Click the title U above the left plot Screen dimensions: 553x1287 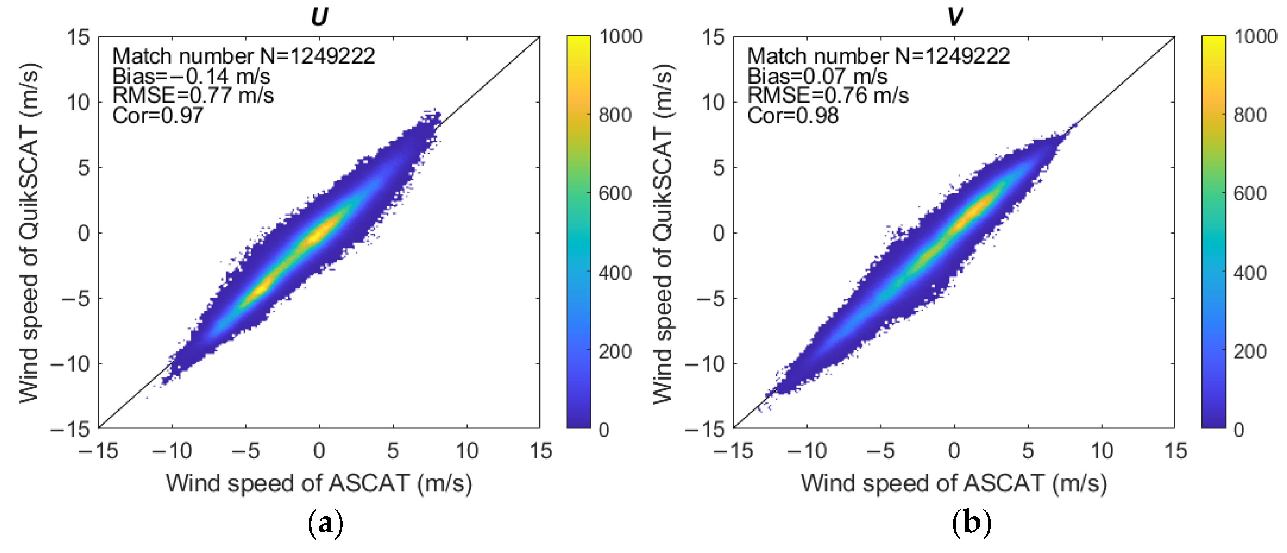click(319, 17)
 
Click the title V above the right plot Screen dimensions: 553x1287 click(955, 17)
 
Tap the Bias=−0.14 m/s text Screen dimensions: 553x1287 click(191, 77)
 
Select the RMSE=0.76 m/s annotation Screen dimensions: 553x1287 click(827, 95)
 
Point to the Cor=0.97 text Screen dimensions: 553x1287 click(157, 116)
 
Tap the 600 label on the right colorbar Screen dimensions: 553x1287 click(1250, 194)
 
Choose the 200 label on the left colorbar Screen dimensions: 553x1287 click(615, 352)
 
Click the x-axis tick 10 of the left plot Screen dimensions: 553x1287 click(467, 451)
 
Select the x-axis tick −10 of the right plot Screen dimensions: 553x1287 click(806, 451)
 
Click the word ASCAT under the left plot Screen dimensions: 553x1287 click(369, 484)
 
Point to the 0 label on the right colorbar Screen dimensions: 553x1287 click(1238, 430)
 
